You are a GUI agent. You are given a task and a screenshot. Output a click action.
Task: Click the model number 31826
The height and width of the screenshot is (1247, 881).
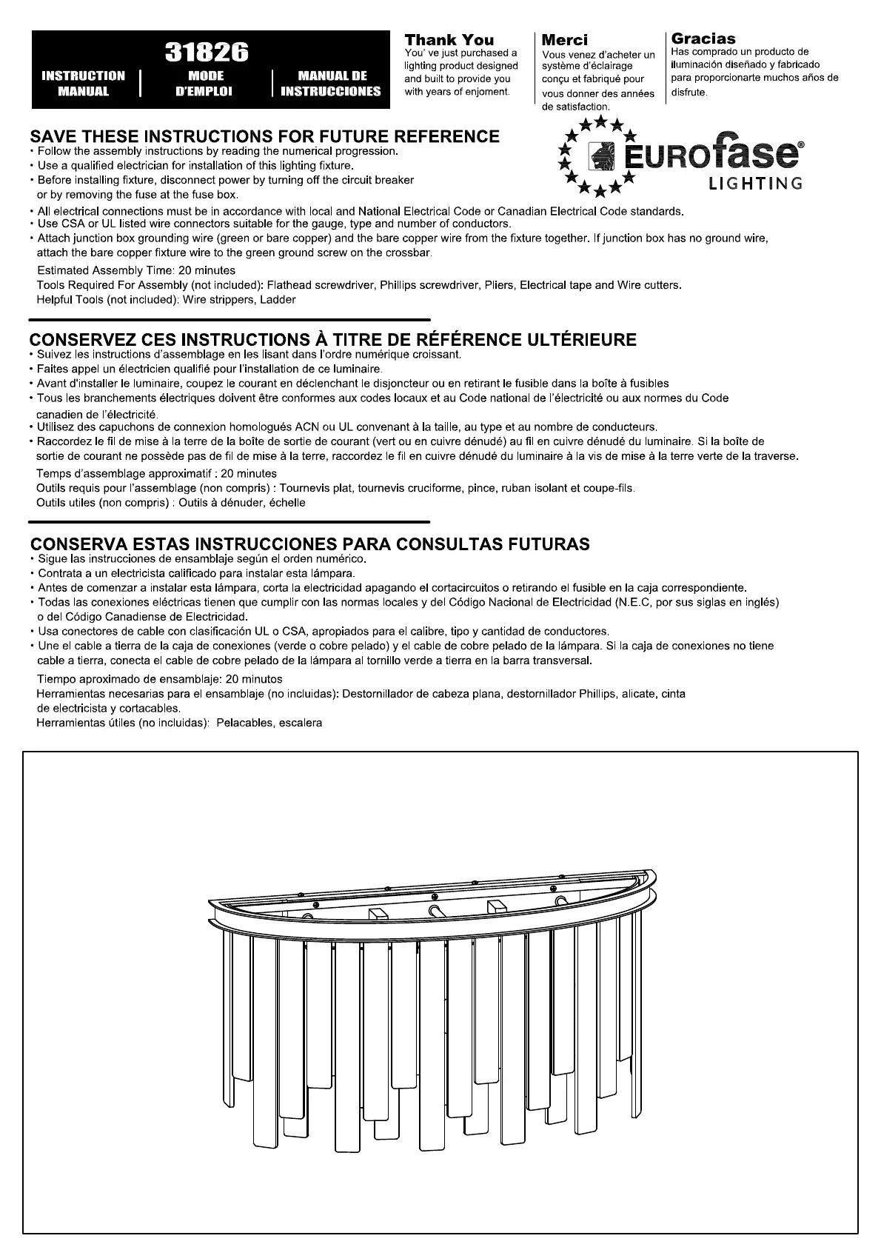[206, 52]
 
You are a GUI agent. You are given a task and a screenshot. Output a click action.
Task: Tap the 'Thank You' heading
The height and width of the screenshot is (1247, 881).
[449, 39]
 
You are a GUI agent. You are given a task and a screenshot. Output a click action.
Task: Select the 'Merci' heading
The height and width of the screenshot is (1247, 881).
[565, 40]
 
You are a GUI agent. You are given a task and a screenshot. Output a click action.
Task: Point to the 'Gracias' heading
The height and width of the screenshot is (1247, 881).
[703, 39]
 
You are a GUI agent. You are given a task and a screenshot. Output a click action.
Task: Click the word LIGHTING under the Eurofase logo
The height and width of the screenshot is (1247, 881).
[755, 184]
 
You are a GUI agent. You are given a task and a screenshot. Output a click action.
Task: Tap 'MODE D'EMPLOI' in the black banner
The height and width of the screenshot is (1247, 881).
[206, 84]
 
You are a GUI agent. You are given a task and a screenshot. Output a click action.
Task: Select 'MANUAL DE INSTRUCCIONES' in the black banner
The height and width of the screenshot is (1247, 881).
[332, 84]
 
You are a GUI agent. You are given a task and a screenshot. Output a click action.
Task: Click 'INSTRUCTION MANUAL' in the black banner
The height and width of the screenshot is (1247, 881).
[84, 84]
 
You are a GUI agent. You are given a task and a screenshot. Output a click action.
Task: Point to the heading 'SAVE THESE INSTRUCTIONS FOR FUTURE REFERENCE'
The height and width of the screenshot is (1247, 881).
[264, 136]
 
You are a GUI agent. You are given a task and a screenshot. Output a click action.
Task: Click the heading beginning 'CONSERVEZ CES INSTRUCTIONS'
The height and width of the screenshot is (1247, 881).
[332, 340]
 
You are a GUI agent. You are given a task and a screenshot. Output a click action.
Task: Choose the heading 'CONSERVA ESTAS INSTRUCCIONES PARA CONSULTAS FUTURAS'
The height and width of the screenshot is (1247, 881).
[309, 544]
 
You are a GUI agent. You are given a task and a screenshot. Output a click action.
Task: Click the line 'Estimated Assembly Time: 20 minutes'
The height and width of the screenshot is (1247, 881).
[136, 271]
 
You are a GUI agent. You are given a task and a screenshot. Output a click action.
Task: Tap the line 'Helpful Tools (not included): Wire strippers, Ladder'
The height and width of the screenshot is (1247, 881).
[166, 300]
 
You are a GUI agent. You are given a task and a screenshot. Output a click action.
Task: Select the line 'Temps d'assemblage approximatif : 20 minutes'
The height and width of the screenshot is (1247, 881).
[156, 474]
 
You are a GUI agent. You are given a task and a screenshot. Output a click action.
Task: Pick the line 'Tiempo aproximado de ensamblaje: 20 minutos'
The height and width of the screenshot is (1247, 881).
[159, 679]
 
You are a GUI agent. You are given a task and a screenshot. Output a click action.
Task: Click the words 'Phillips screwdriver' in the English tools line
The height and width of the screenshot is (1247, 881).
[418, 285]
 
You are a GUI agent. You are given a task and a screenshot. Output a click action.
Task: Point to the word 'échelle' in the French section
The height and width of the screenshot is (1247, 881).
[287, 503]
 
